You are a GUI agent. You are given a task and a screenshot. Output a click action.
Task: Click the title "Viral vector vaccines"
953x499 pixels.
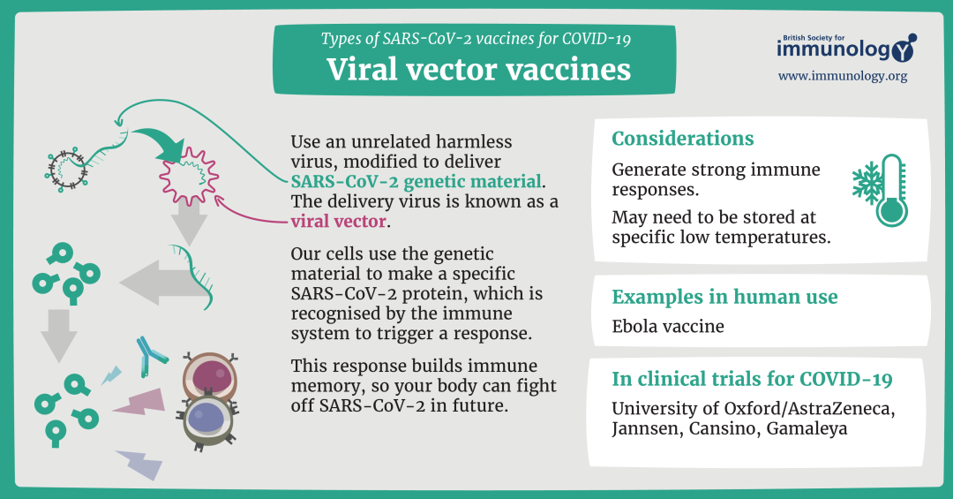pyautogui.click(x=478, y=68)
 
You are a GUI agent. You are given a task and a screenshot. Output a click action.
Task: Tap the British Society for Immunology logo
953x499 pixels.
pyautogui.click(x=845, y=48)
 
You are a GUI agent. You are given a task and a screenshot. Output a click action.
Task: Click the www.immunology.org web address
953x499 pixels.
pyautogui.click(x=842, y=77)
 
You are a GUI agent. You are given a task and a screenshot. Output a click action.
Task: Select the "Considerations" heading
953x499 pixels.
pyautogui.click(x=683, y=139)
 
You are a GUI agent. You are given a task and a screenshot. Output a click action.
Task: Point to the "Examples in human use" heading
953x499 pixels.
pyautogui.click(x=724, y=297)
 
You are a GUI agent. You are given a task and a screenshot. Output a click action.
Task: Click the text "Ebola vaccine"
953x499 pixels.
pyautogui.click(x=668, y=326)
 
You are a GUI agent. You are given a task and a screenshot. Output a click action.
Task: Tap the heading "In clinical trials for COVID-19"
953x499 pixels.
pyautogui.click(x=752, y=380)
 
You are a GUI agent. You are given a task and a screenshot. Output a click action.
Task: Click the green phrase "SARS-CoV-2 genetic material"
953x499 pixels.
pyautogui.click(x=416, y=182)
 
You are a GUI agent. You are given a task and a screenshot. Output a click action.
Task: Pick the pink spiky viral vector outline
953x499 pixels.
pyautogui.click(x=187, y=173)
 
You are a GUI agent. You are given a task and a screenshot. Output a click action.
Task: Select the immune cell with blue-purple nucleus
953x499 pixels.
pyautogui.click(x=207, y=419)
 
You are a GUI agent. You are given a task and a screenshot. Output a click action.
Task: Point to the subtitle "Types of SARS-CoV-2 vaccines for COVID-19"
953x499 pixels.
pyautogui.click(x=476, y=38)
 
